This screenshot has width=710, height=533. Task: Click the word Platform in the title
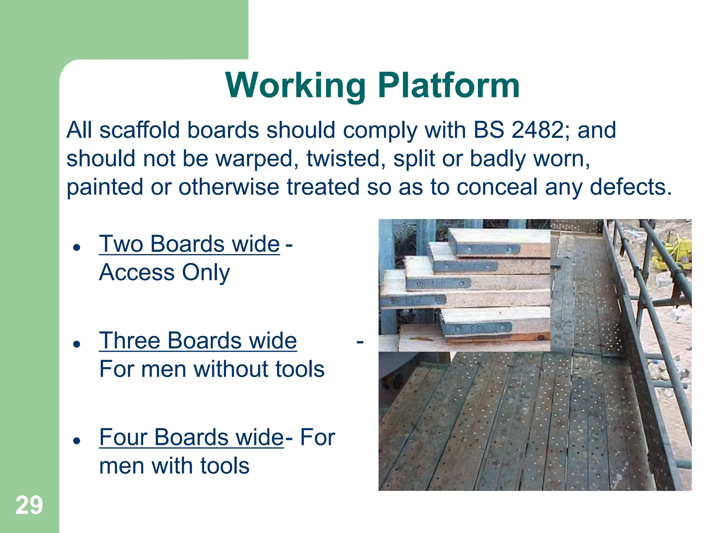449,85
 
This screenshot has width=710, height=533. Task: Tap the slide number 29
29,505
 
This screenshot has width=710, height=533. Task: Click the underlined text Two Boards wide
189,244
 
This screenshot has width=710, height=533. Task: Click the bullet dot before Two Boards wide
77,247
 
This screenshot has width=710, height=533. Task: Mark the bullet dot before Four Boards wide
77,440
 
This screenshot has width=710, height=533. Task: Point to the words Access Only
164,272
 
